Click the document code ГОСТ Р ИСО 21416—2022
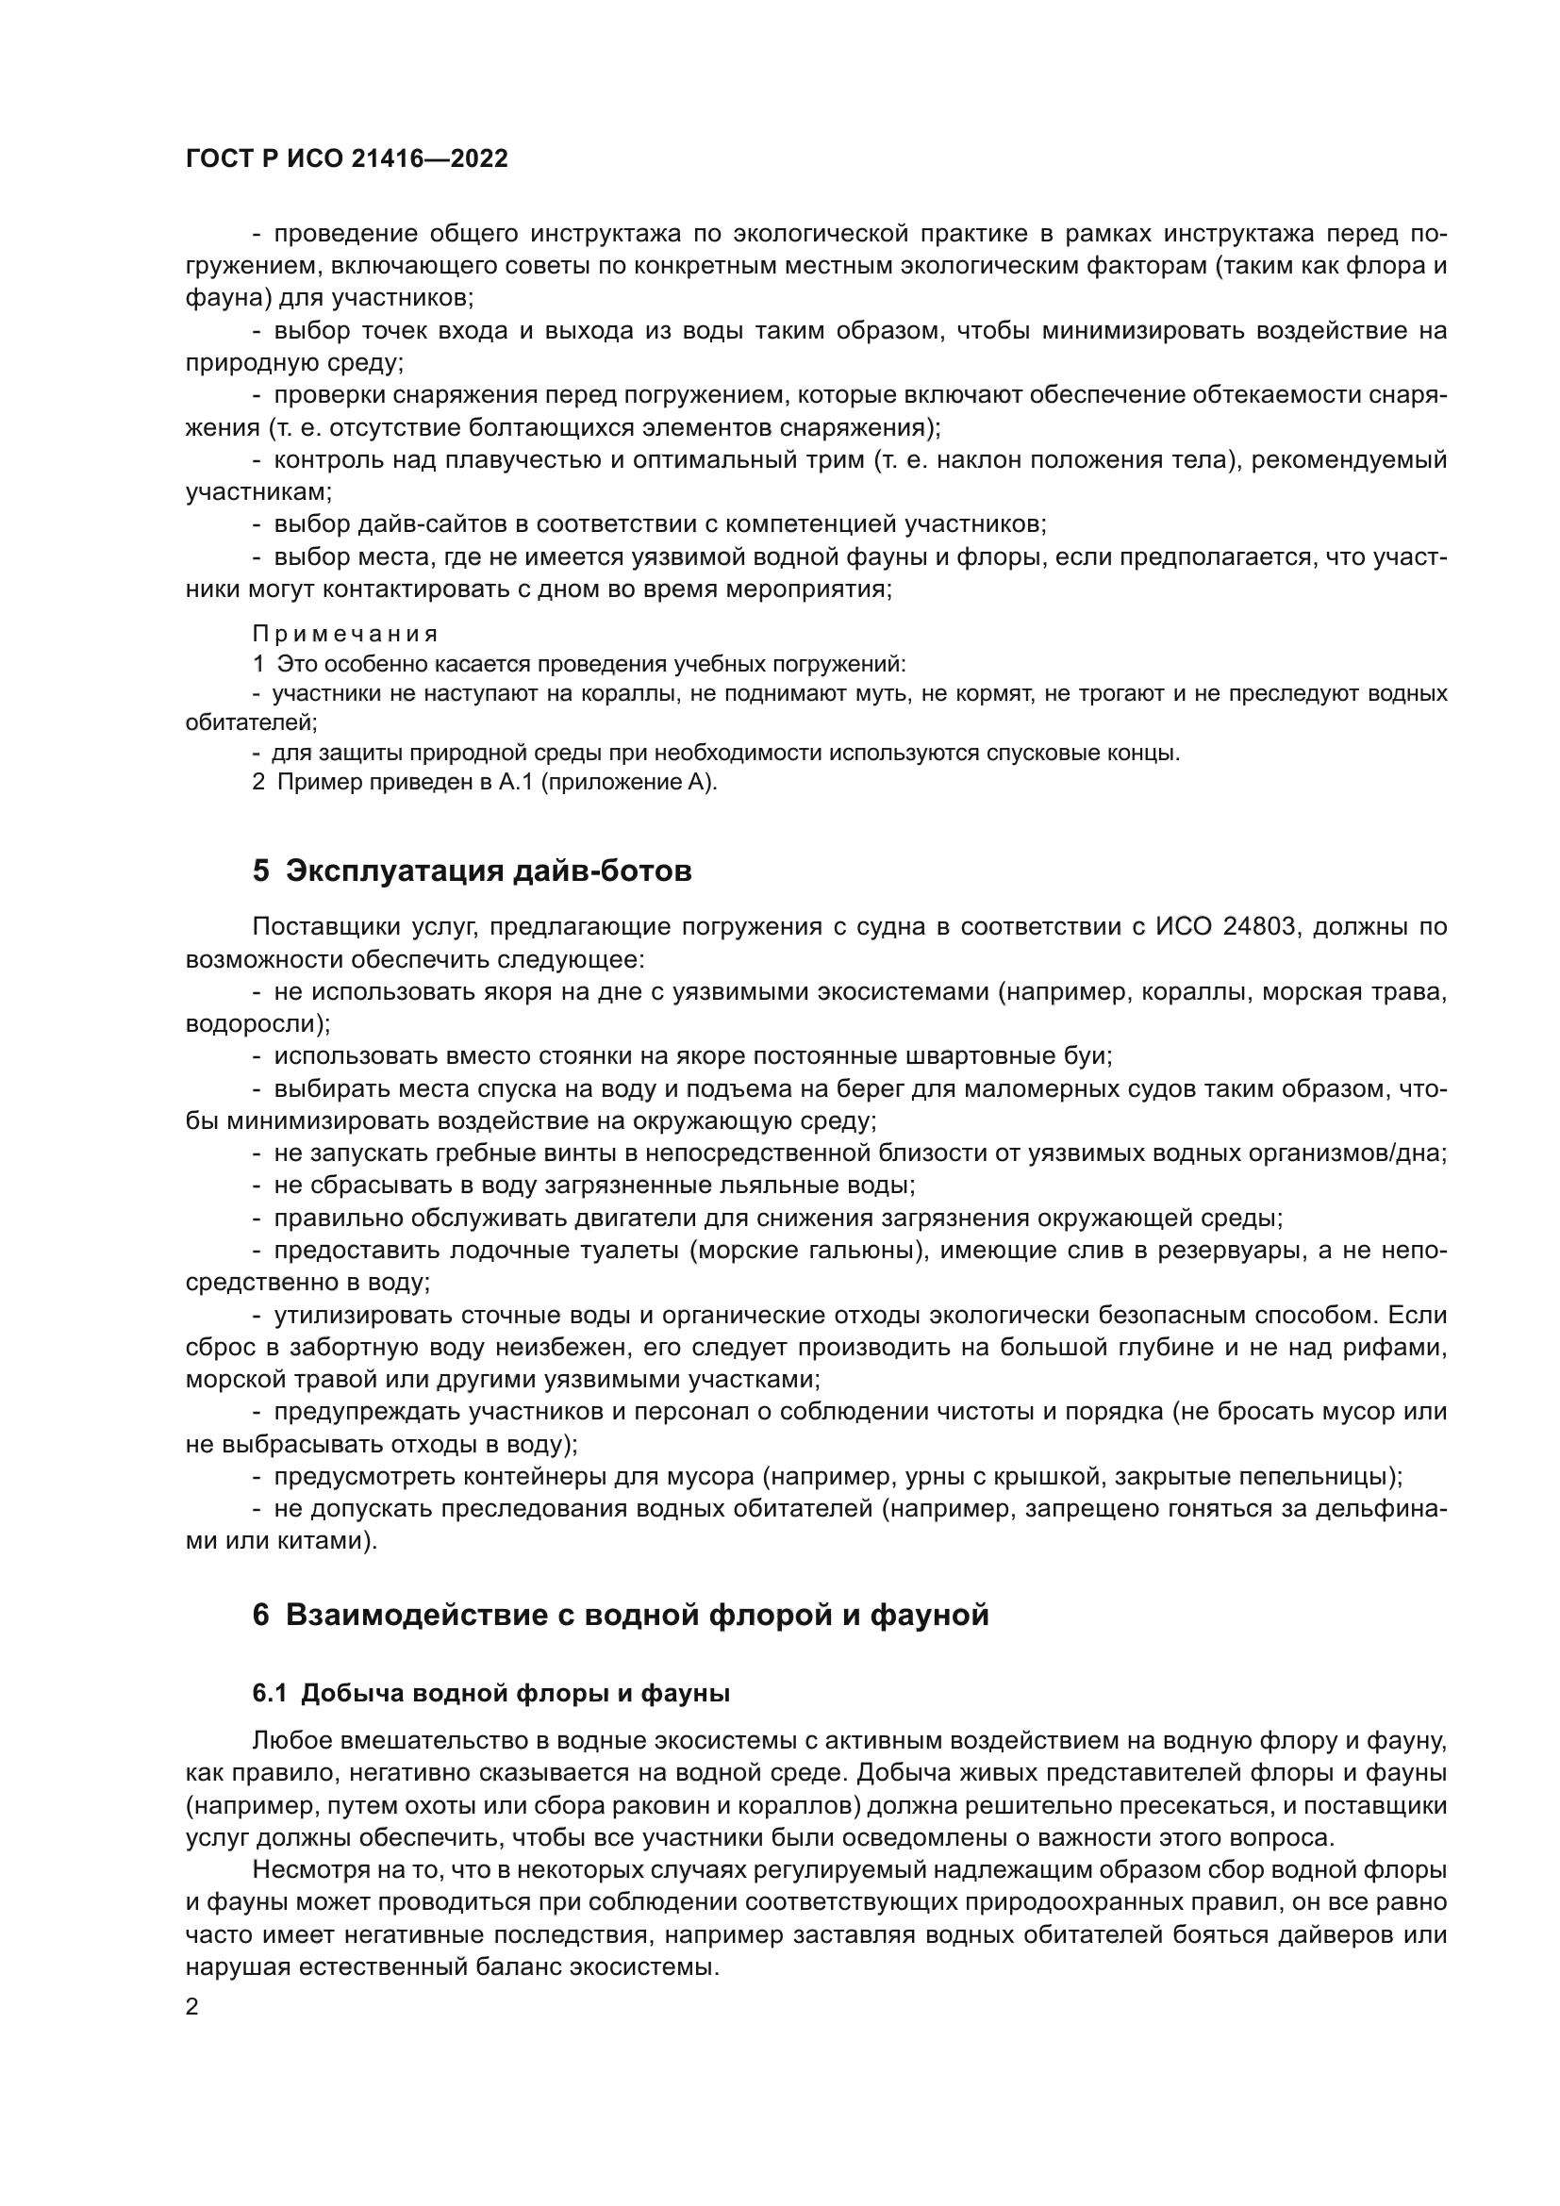(347, 158)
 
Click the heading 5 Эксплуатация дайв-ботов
(471, 871)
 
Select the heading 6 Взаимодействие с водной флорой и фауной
(620, 1614)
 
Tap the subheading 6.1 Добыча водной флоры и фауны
(490, 1693)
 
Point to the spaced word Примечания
(345, 634)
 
